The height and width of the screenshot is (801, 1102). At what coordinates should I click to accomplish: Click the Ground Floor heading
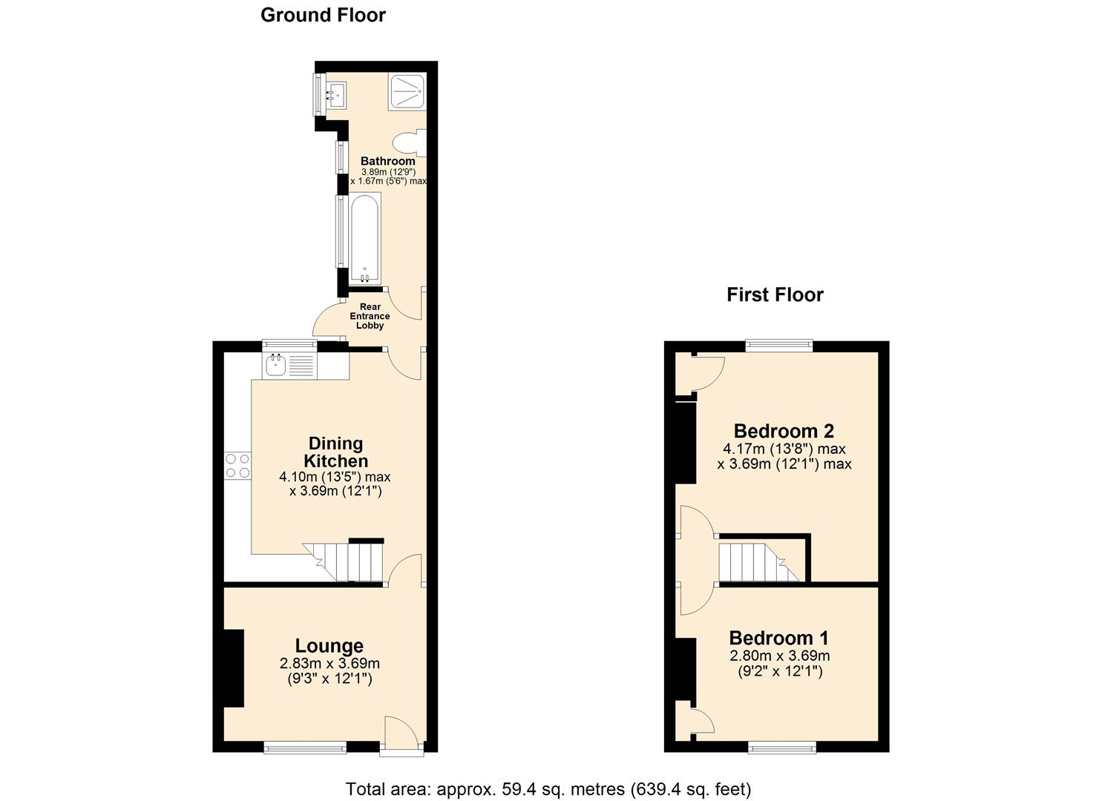[x=323, y=15]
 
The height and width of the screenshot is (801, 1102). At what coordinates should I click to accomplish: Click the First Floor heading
[x=775, y=295]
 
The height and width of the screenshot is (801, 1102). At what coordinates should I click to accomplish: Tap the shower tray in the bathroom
[x=406, y=93]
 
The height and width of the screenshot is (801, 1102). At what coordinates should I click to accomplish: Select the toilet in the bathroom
[x=410, y=142]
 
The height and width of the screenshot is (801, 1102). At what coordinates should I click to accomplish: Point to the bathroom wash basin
[x=337, y=94]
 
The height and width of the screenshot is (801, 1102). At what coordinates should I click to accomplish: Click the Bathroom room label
[x=387, y=161]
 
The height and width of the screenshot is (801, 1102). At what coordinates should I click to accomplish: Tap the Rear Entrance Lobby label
[x=370, y=316]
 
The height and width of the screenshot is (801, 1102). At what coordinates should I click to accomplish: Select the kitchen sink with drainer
[x=290, y=364]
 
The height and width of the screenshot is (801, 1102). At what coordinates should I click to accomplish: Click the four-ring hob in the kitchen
[x=238, y=465]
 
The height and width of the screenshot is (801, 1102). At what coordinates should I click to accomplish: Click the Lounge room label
[x=329, y=646]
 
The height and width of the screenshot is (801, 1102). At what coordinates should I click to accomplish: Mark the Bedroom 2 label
[x=784, y=431]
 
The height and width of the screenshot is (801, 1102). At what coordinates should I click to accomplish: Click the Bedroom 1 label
[x=778, y=638]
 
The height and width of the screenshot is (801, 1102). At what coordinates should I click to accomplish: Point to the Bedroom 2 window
[x=778, y=344]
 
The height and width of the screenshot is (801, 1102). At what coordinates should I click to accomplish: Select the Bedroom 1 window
[x=782, y=747]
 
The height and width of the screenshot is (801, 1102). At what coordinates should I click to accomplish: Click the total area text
[x=548, y=788]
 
